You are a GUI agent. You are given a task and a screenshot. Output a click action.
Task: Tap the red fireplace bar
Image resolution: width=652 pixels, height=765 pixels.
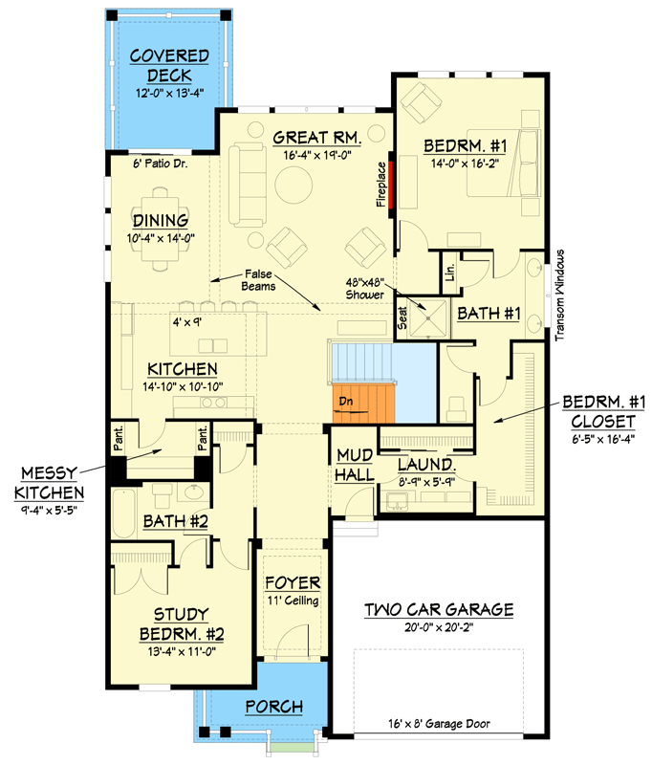tap(390, 183)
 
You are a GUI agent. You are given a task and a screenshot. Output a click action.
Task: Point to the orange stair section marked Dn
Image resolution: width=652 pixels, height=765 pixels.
tap(362, 402)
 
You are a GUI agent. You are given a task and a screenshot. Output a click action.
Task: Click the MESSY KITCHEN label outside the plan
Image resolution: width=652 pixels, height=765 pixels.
tap(48, 484)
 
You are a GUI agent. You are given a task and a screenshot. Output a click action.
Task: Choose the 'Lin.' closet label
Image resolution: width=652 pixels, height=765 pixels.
tap(448, 274)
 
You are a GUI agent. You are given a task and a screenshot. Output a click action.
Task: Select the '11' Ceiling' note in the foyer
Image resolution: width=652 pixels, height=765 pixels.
tap(293, 601)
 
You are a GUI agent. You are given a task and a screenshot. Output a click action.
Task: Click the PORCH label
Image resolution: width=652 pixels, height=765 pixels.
tap(273, 707)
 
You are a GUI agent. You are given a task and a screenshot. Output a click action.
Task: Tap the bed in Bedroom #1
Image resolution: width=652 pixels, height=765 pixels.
tap(503, 165)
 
